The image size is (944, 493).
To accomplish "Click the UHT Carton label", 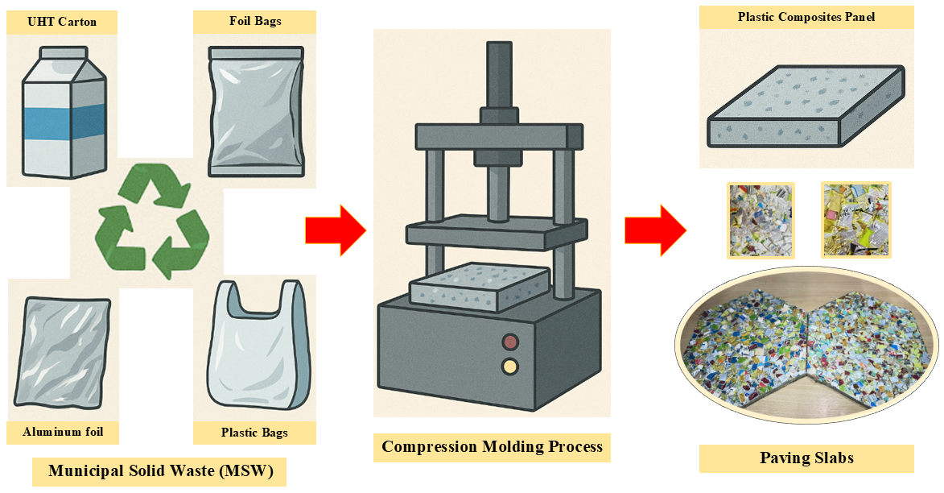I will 61,22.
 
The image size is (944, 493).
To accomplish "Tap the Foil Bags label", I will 254,21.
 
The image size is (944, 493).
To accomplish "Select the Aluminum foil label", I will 63,432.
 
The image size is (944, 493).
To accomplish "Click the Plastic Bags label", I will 254,433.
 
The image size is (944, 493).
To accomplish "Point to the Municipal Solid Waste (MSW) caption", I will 159,471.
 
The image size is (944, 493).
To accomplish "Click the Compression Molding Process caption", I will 492,447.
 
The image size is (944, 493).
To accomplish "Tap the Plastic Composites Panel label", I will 806,17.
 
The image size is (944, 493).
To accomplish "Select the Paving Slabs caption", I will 806,458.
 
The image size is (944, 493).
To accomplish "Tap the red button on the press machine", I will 509,342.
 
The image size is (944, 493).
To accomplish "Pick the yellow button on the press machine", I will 509,367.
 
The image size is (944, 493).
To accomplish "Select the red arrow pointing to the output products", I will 654,230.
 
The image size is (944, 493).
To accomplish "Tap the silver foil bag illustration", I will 255,110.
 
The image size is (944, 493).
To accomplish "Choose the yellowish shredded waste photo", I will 855,220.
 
